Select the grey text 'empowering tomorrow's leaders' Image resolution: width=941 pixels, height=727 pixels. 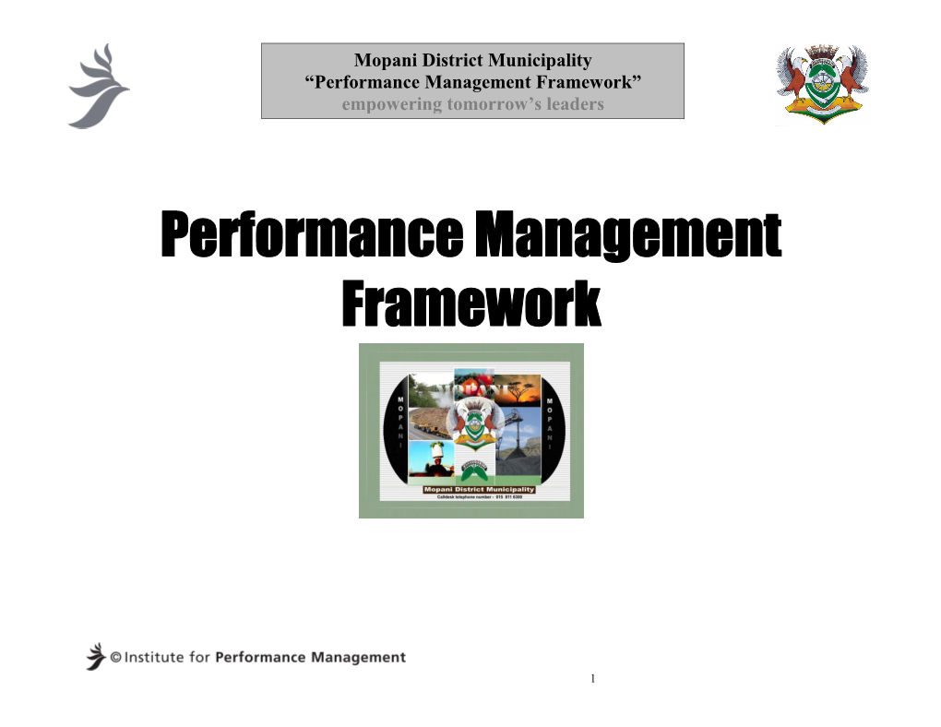tap(472, 104)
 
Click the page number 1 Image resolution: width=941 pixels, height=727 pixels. tap(595, 679)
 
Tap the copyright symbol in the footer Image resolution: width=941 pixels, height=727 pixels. tap(116, 658)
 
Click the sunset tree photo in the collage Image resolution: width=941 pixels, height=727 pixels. tap(517, 391)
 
